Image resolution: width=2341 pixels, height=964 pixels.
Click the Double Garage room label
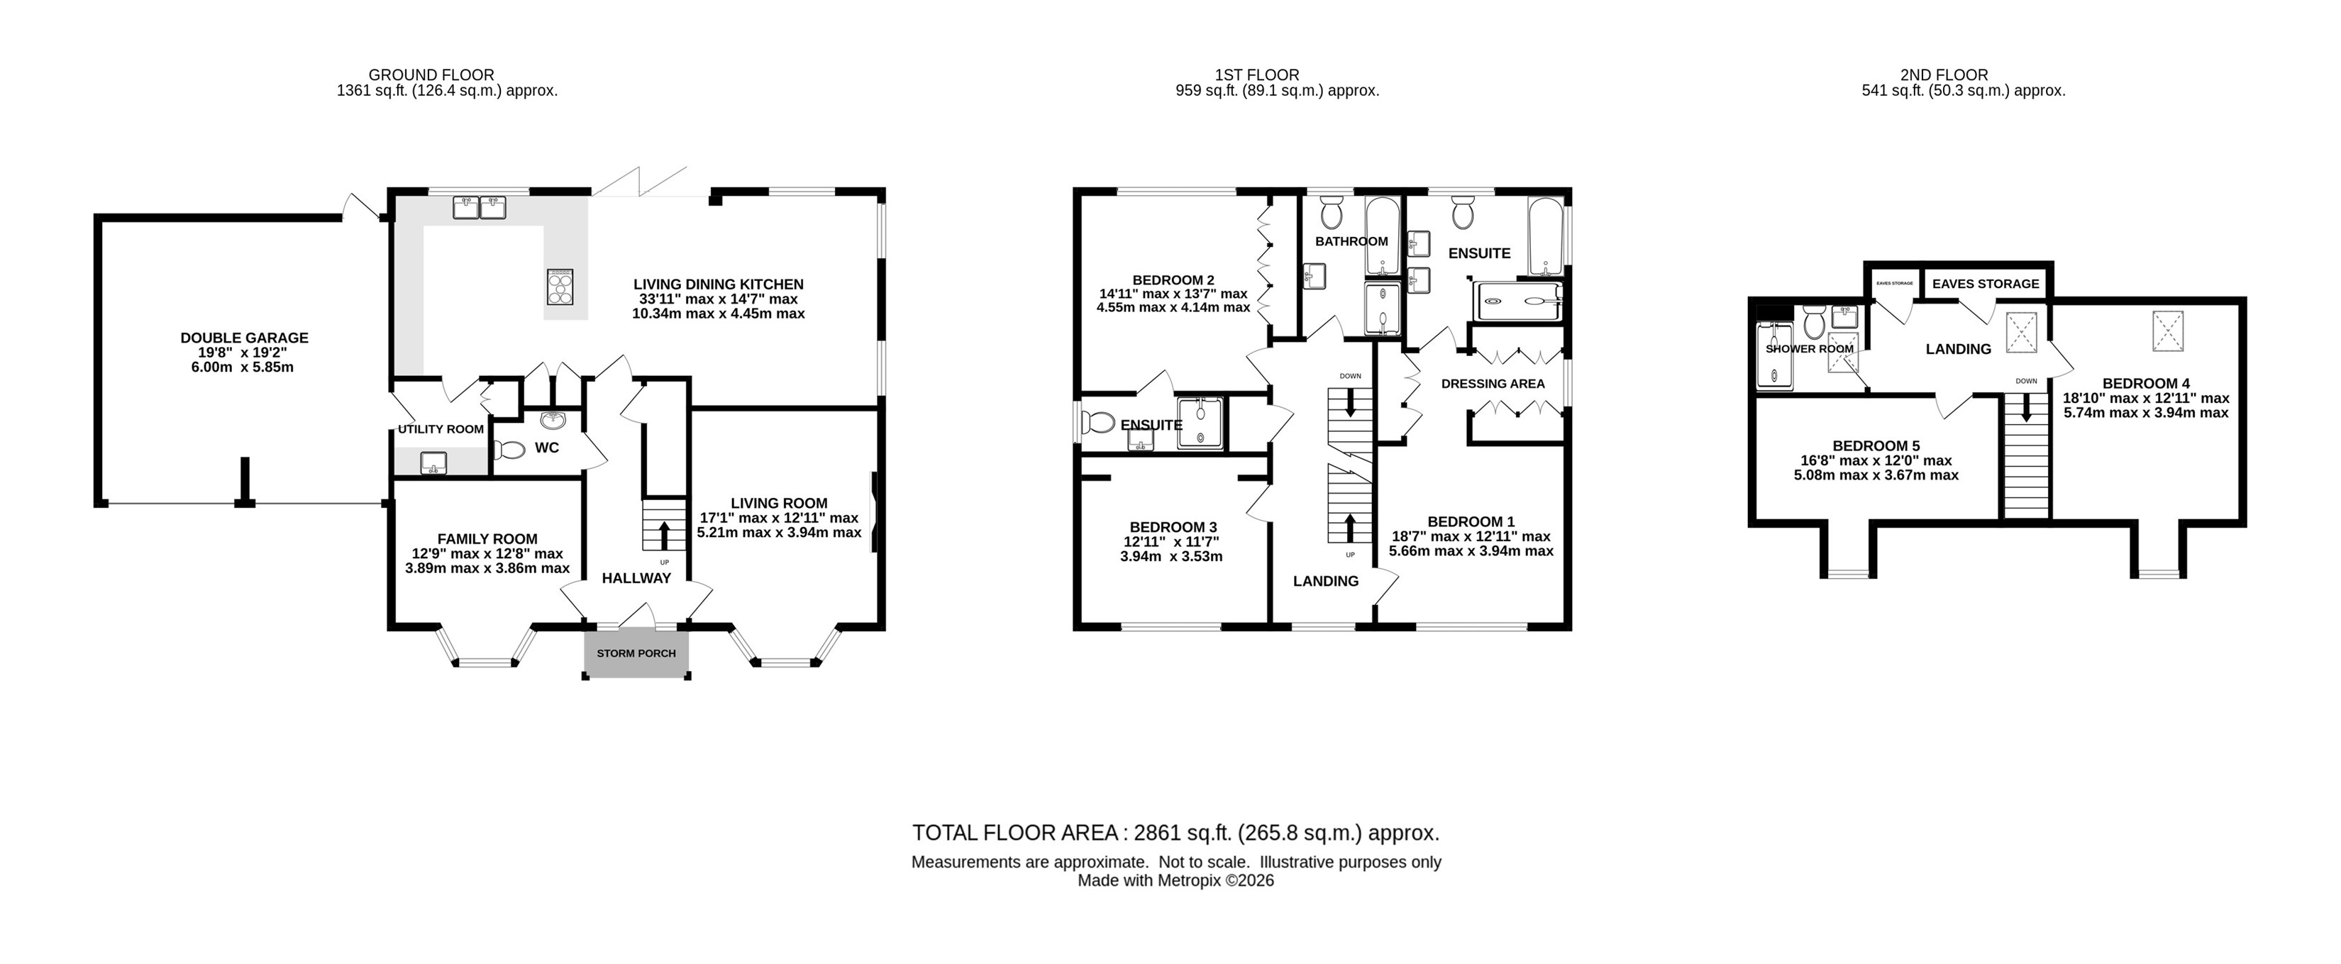(245, 338)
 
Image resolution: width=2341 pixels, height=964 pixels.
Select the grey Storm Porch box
(636, 653)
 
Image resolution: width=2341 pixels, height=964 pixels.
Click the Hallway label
(636, 578)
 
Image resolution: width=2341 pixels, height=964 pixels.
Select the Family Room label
(487, 539)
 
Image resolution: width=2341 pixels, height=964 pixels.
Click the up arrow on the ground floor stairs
(664, 535)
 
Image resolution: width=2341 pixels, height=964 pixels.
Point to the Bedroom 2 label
(1173, 280)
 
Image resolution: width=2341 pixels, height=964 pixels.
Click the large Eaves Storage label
(1986, 284)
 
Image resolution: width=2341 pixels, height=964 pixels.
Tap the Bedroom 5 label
(1876, 446)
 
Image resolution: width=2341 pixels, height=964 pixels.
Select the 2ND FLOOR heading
(1944, 74)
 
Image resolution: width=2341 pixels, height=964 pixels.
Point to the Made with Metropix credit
(1176, 880)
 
